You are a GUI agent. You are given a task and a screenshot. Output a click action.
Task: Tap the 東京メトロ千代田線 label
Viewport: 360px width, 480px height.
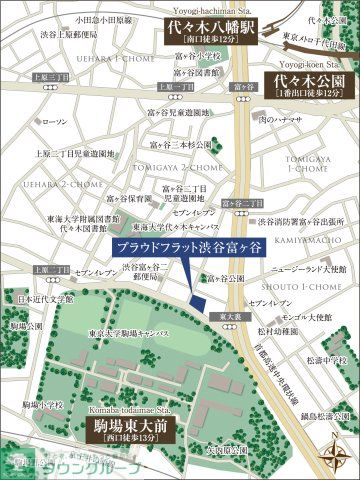(x=319, y=42)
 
